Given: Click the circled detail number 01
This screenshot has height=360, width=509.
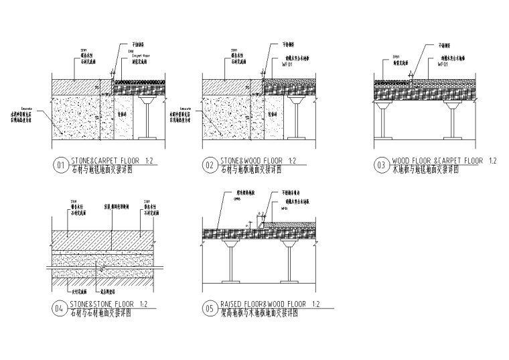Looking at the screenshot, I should pyautogui.click(x=60, y=164).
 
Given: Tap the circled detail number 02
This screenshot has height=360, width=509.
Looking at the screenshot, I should pyautogui.click(x=210, y=164).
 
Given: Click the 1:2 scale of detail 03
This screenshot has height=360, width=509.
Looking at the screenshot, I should pyautogui.click(x=492, y=161).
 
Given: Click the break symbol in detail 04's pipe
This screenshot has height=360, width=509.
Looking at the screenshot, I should pyautogui.click(x=100, y=268).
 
